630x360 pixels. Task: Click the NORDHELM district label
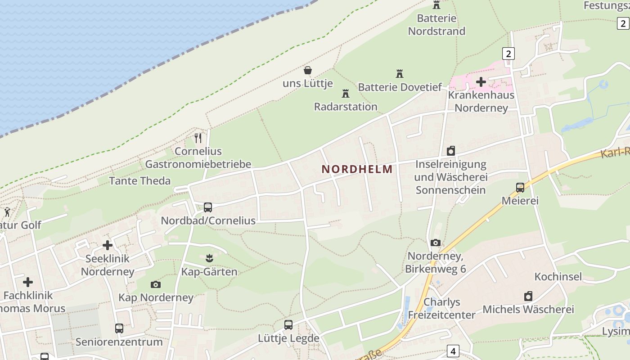[x=357, y=169]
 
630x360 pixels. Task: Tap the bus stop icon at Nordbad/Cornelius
[x=207, y=207]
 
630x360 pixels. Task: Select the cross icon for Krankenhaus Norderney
[x=481, y=82]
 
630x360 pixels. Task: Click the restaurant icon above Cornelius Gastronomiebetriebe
[x=198, y=138]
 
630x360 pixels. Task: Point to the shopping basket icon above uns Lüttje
[x=308, y=70]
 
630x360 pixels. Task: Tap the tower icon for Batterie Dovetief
[x=399, y=73]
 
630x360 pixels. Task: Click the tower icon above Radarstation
[x=346, y=94]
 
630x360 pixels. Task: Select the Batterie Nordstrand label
[x=436, y=25]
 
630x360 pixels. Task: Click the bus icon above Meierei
[x=520, y=188]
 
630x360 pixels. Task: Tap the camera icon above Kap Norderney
[x=156, y=284]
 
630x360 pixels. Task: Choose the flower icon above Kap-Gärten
[x=209, y=258]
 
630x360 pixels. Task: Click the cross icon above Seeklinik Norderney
[x=107, y=245]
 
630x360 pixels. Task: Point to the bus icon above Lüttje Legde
[x=288, y=325]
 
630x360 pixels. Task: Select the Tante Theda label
[x=140, y=181]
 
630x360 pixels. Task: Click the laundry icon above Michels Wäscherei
[x=528, y=296]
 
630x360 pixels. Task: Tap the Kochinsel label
[x=558, y=276]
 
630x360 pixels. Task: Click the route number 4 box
[x=453, y=351]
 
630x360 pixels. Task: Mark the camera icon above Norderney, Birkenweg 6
[x=435, y=243]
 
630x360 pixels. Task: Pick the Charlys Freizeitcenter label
[x=441, y=308]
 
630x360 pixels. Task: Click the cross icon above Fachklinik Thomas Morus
[x=28, y=282]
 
